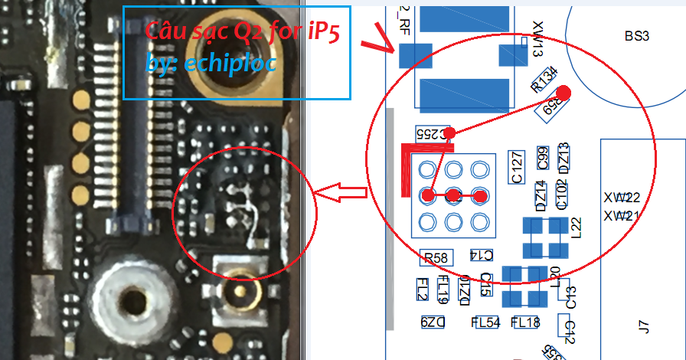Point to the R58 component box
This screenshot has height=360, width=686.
point(436,258)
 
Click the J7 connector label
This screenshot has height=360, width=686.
point(643,328)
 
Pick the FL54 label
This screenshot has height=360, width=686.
point(486,322)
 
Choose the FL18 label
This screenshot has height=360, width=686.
point(525,322)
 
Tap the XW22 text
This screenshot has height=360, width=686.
point(621,198)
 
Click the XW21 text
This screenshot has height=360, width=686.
point(621,215)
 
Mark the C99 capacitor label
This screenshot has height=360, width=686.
point(543,158)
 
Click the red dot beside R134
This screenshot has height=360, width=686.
point(563,93)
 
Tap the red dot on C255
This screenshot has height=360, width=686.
point(450,132)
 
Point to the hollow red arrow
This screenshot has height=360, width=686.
point(341,194)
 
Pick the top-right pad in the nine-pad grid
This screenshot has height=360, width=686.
point(480,169)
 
